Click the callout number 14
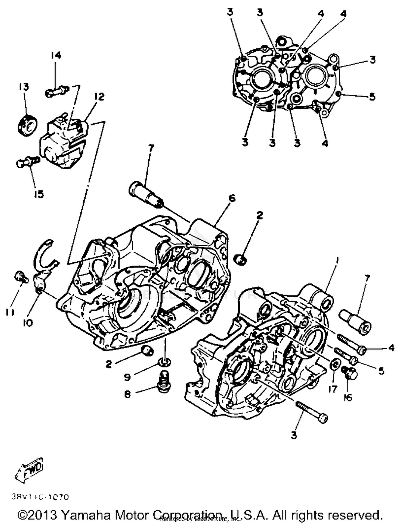coord(56,55)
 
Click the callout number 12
coord(99,97)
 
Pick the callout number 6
coord(232,198)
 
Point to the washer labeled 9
coord(164,362)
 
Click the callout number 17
coord(333,389)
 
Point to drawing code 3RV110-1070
coord(40,497)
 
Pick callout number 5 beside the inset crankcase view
coord(372,97)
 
